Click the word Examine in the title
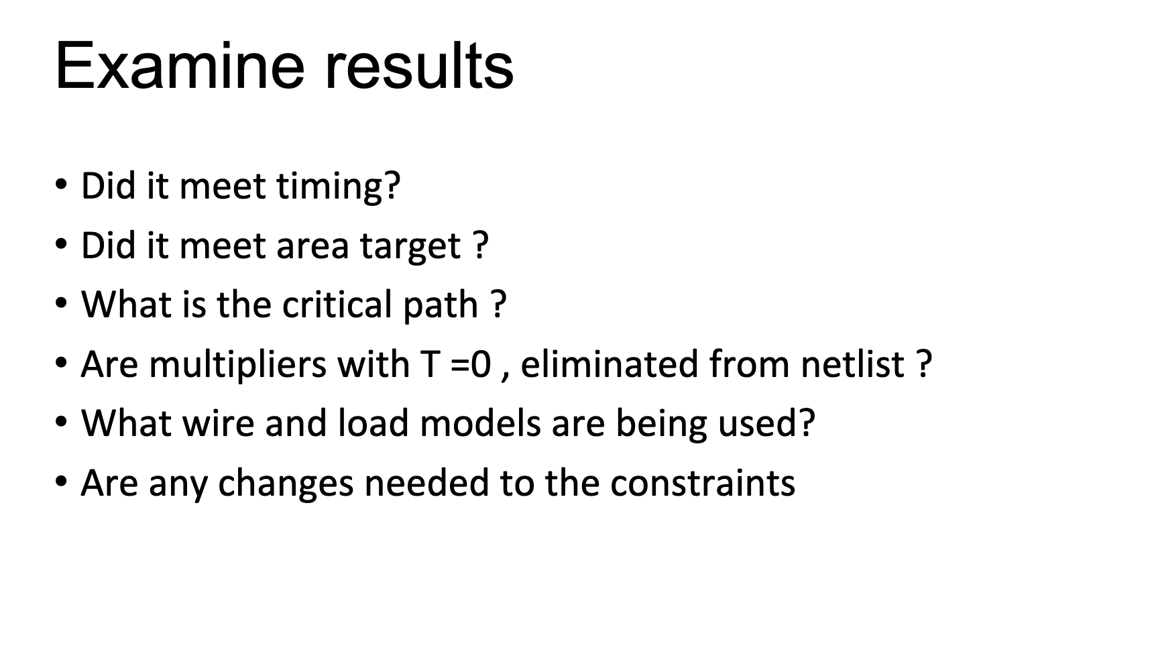[x=180, y=66]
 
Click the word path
[x=440, y=306]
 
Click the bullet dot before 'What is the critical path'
[x=62, y=303]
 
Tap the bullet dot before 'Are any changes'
[x=62, y=481]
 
